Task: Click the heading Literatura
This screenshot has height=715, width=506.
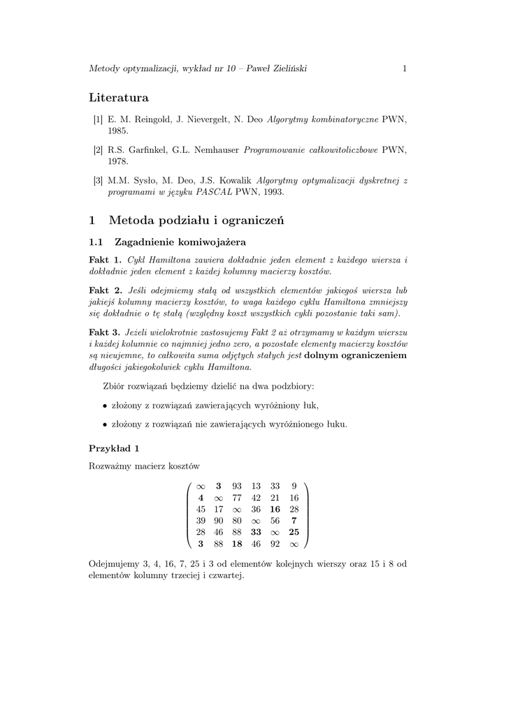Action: [x=119, y=97]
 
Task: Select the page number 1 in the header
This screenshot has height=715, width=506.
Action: [x=405, y=68]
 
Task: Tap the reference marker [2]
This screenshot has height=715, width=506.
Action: [x=98, y=150]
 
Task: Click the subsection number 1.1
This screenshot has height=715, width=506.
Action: [x=96, y=242]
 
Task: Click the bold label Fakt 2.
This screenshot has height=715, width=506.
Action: [x=106, y=290]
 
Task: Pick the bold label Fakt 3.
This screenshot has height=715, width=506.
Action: [x=106, y=332]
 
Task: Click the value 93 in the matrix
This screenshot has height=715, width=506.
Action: [x=237, y=486]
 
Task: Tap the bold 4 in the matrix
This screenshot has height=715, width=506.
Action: [x=201, y=497]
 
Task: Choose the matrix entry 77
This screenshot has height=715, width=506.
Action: [x=237, y=497]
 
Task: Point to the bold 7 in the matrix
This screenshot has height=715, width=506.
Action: [x=294, y=520]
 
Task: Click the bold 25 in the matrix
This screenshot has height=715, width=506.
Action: [x=294, y=531]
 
